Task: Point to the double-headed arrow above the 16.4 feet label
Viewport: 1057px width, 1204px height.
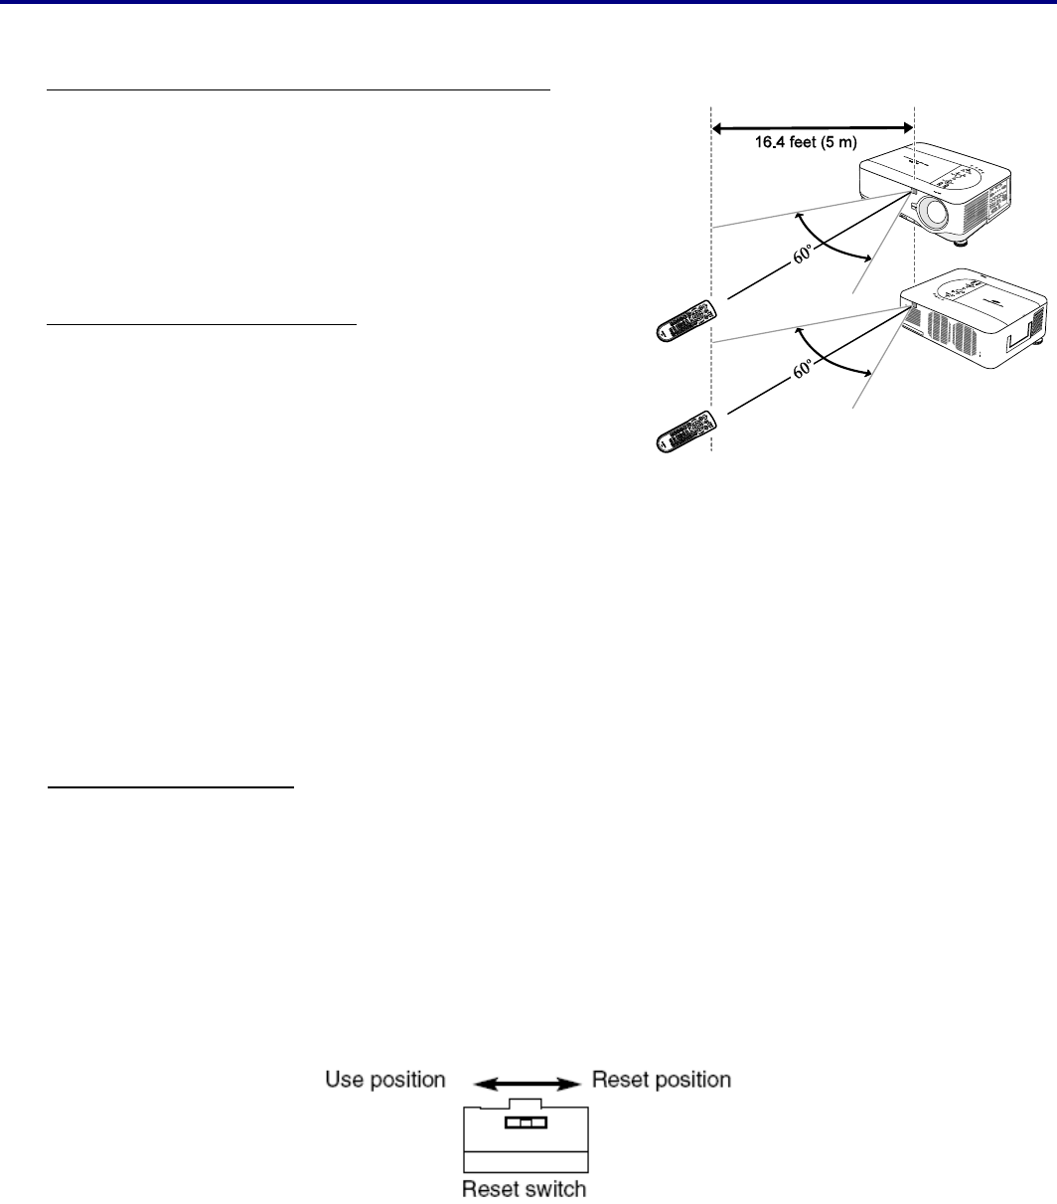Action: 812,127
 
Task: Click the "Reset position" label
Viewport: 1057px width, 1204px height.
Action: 662,1077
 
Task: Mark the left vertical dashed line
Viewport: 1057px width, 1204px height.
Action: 711,398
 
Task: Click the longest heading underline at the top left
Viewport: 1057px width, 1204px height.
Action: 298,88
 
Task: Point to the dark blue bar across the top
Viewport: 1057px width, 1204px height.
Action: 528,2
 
